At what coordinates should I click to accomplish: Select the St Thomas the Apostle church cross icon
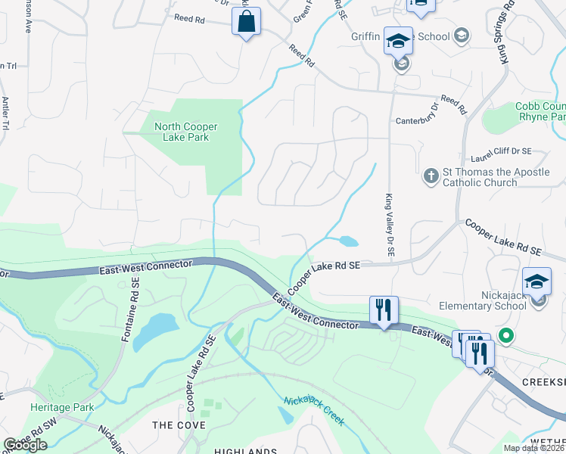431,176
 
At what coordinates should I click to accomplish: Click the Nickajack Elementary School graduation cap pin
537,281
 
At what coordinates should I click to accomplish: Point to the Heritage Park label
62,407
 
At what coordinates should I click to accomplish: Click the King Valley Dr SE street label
390,227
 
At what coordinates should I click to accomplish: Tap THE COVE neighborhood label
179,425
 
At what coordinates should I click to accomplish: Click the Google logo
25,445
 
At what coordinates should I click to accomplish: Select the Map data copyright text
534,448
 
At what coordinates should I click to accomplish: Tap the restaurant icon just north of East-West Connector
384,309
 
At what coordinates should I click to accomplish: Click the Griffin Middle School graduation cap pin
398,42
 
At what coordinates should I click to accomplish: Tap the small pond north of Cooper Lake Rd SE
349,241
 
